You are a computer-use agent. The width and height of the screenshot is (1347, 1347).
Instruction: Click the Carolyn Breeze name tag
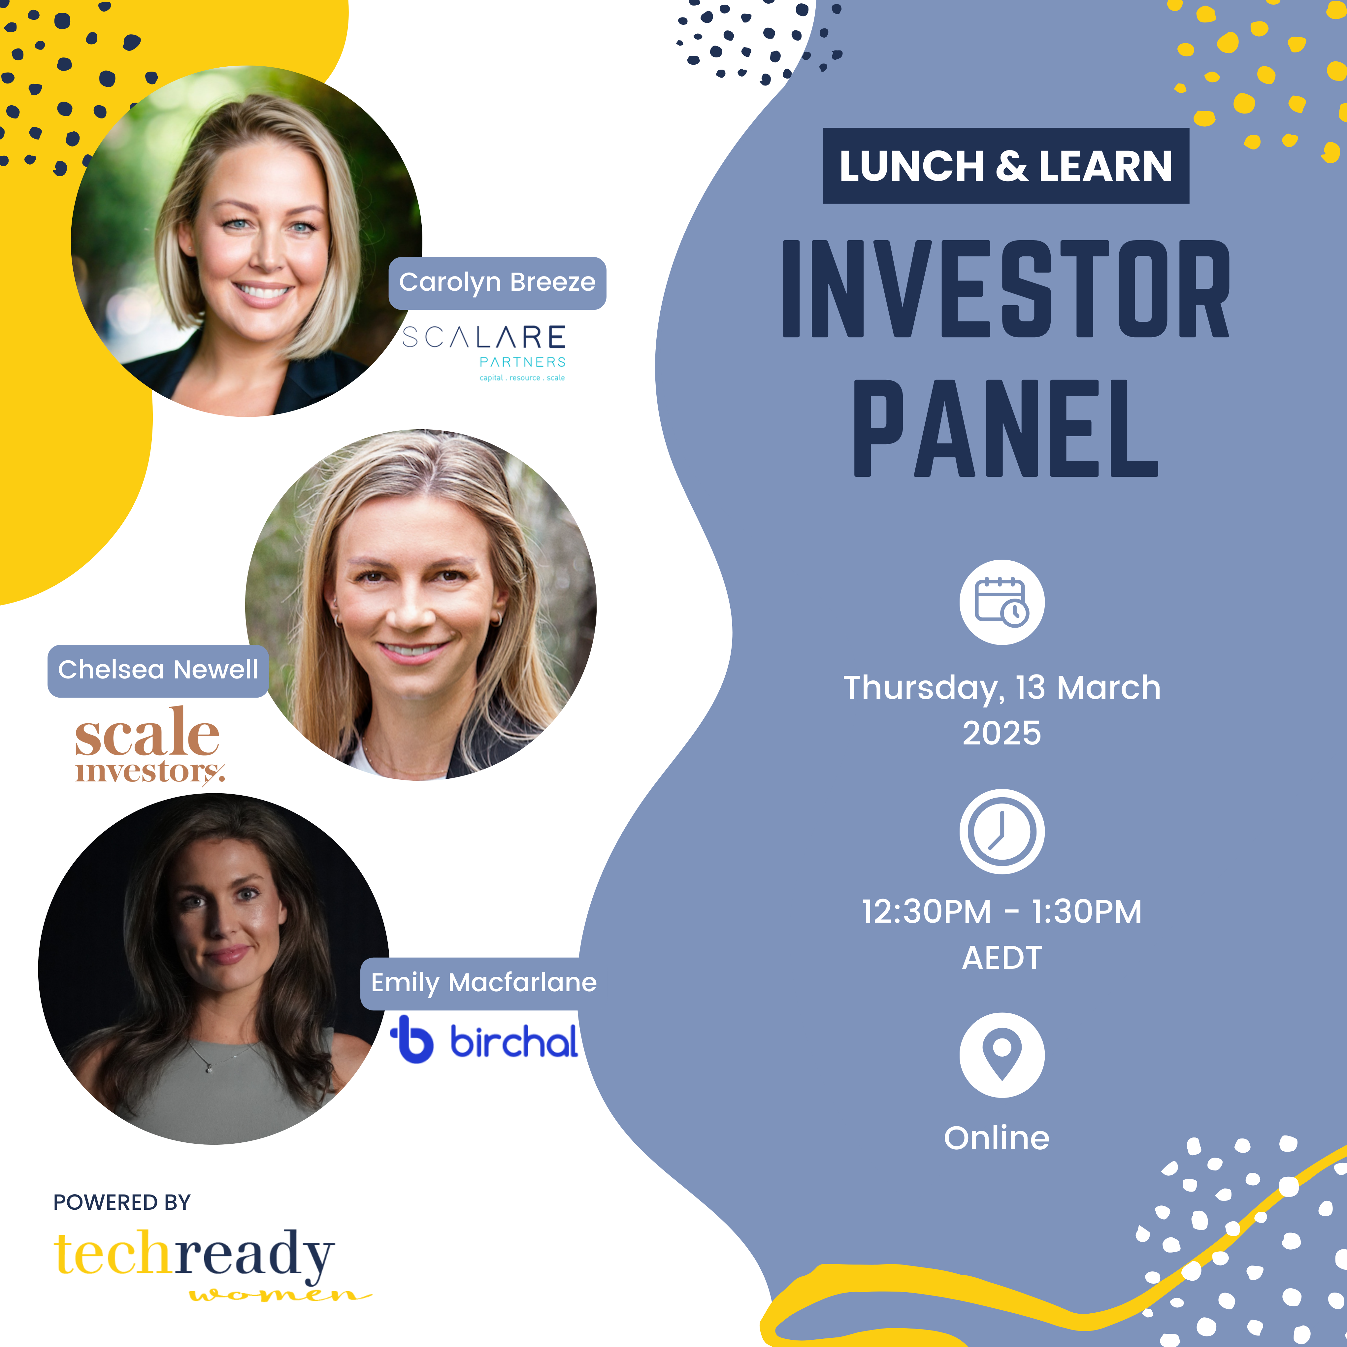tap(497, 283)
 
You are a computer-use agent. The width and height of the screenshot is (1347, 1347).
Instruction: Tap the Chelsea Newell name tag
tap(158, 671)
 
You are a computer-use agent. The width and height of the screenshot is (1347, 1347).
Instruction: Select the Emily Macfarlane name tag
tap(483, 983)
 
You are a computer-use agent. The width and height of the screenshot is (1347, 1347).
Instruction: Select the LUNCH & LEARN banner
tap(1005, 166)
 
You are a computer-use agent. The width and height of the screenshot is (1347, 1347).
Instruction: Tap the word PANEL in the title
tap(1005, 428)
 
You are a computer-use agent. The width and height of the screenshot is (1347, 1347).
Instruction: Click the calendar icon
tap(1002, 602)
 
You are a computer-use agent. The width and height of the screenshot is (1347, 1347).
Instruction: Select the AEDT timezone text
tap(1002, 958)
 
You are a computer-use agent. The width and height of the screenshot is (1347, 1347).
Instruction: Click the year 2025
tap(1002, 734)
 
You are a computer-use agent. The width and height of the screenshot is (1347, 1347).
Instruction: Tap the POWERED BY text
tap(122, 1203)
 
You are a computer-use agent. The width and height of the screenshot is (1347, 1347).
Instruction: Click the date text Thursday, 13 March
tap(1002, 688)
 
